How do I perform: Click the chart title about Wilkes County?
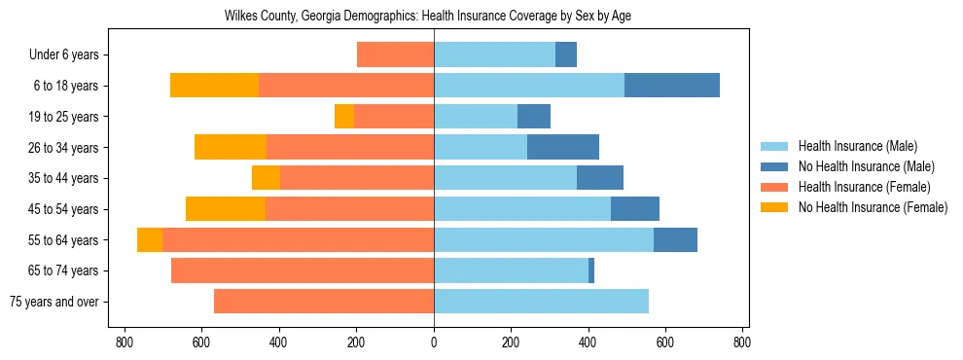click(x=434, y=17)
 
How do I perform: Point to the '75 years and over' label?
click(x=54, y=302)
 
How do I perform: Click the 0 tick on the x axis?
click(x=434, y=342)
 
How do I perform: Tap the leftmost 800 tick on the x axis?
click(x=125, y=342)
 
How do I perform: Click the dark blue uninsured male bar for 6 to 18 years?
click(x=672, y=86)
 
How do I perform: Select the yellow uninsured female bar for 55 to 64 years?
click(x=150, y=240)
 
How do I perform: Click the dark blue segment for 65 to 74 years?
click(x=591, y=270)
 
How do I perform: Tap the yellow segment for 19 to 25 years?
click(x=344, y=117)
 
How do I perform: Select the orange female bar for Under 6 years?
click(x=395, y=55)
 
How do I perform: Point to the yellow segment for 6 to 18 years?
click(x=214, y=86)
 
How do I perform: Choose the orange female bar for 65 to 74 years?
click(x=303, y=270)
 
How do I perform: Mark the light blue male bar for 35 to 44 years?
click(x=505, y=178)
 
